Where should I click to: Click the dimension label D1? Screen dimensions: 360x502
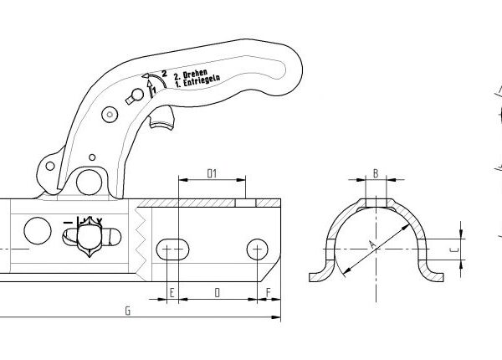(212, 173)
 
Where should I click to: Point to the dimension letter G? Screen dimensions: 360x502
(126, 311)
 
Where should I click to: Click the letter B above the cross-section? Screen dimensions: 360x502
(376, 173)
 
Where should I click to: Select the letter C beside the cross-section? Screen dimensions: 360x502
(453, 247)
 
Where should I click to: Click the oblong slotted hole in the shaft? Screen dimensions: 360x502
(172, 248)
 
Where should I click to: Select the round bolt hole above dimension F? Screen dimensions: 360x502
(257, 249)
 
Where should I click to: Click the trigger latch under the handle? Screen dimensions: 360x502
(164, 122)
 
